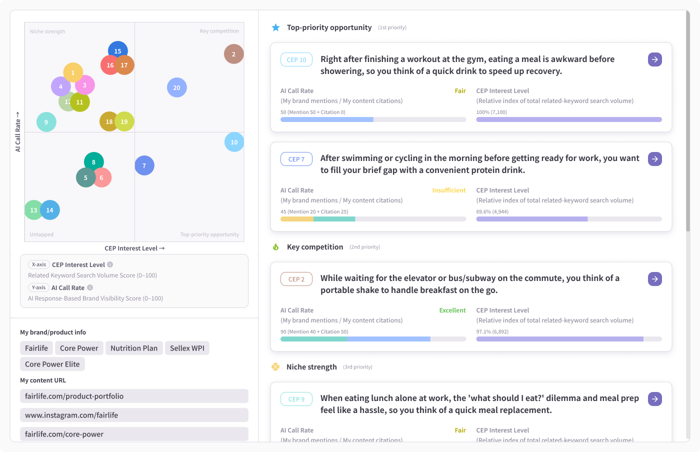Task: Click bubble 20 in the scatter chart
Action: [177, 87]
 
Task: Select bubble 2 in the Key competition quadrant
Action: [234, 54]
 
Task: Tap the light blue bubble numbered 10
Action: [234, 142]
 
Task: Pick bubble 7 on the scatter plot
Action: [144, 165]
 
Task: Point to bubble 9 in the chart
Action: [46, 122]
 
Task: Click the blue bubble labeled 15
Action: [118, 50]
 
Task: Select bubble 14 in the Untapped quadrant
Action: [50, 210]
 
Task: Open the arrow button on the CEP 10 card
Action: [654, 59]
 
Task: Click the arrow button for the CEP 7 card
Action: [654, 159]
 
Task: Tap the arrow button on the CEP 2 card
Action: [654, 279]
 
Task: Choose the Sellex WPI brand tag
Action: [187, 348]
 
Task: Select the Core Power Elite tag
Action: [52, 364]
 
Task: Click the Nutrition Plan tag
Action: [134, 348]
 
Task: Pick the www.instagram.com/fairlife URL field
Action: [134, 415]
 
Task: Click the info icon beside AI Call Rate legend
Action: [90, 287]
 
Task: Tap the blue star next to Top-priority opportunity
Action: [275, 27]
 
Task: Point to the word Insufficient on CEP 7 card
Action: [449, 190]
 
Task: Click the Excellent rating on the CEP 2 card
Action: [452, 310]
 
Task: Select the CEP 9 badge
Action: [296, 399]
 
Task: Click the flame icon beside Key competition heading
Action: [275, 247]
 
